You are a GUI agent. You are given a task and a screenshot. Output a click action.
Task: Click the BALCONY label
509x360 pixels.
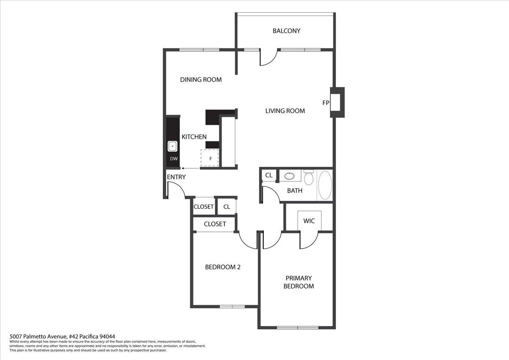click(286, 31)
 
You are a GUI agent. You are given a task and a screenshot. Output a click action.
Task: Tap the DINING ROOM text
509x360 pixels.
click(201, 80)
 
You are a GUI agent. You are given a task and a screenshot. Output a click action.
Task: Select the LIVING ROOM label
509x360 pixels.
click(285, 111)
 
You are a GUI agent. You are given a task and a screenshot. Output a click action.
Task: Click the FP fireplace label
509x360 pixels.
click(326, 103)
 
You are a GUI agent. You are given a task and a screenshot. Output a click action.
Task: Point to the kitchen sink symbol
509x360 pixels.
click(173, 146)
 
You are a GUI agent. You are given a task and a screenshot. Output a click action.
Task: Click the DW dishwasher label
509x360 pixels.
click(173, 159)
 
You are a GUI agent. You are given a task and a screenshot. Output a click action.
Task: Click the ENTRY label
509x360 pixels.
click(176, 177)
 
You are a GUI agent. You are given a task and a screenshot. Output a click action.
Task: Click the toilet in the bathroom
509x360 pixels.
click(308, 177)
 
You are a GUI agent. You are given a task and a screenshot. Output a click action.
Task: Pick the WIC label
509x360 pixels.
click(309, 221)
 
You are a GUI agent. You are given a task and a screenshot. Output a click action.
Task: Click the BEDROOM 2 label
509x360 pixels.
click(223, 267)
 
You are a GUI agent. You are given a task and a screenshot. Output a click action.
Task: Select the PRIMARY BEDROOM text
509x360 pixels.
click(298, 282)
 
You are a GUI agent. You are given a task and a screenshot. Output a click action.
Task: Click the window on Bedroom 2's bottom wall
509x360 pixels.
click(232, 306)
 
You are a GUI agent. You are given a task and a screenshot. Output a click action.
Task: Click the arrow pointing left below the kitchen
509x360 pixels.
click(187, 169)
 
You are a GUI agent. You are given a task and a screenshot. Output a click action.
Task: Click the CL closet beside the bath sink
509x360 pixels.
click(269, 175)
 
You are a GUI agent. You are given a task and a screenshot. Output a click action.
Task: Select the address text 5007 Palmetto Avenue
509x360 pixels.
click(62, 336)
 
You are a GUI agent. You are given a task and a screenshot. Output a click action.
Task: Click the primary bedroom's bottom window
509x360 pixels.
click(297, 327)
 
